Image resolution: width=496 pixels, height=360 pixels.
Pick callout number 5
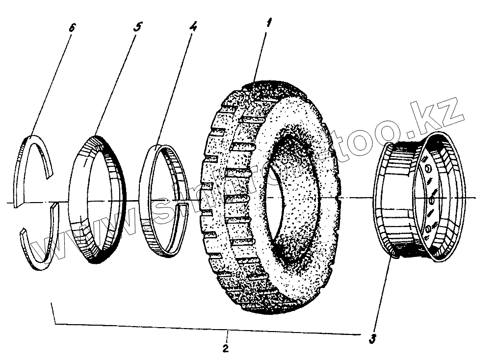[137, 27]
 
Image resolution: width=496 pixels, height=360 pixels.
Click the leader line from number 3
[383, 294]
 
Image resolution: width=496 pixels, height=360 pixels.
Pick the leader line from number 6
[52, 81]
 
